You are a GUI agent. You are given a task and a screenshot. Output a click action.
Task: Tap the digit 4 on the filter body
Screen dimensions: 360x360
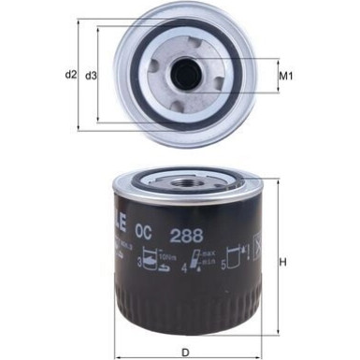point(184,271)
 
